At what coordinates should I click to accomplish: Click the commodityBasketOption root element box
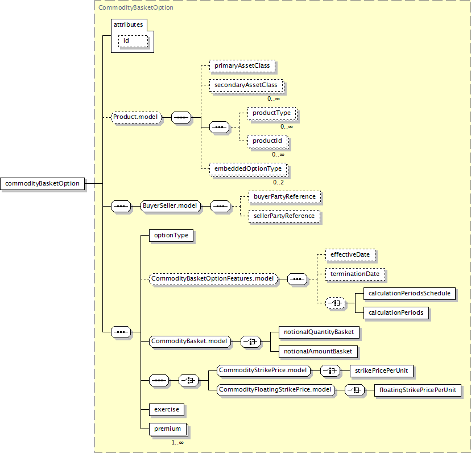click(x=43, y=183)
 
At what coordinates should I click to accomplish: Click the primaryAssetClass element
click(x=242, y=66)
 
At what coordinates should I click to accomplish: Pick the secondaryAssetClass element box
click(x=246, y=85)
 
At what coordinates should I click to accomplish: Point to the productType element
click(x=271, y=113)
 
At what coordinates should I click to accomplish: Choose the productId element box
click(x=267, y=141)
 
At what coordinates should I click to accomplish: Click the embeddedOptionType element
click(x=247, y=168)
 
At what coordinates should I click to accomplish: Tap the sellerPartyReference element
click(x=284, y=216)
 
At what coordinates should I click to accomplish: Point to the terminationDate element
click(x=354, y=274)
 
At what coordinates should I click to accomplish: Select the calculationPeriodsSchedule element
click(x=409, y=294)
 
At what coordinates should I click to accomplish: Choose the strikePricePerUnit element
click(x=381, y=370)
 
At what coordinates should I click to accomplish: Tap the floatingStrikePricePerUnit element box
click(x=418, y=390)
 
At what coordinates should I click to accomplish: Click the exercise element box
click(x=166, y=409)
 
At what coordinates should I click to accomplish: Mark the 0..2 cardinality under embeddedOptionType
click(x=278, y=182)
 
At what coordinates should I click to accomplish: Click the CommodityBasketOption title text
click(x=136, y=7)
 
